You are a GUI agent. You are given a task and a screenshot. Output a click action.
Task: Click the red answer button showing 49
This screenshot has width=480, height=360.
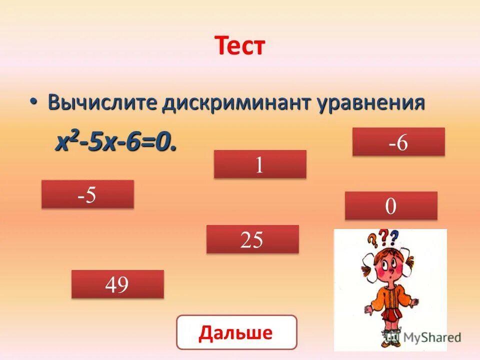click(x=117, y=284)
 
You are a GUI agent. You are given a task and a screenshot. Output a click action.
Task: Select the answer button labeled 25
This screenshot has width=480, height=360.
click(x=252, y=239)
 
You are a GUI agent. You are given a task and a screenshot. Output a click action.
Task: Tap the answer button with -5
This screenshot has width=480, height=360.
click(x=87, y=194)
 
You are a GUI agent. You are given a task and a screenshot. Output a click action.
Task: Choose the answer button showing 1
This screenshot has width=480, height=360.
click(x=260, y=164)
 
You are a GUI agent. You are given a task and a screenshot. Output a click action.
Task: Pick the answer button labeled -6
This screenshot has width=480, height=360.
click(x=398, y=142)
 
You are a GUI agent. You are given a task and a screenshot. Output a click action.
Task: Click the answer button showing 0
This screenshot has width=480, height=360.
click(x=391, y=206)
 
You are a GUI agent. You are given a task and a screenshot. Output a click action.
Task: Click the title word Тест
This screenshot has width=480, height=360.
click(x=239, y=46)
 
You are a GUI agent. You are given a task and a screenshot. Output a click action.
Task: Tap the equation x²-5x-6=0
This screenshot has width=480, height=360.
click(x=116, y=143)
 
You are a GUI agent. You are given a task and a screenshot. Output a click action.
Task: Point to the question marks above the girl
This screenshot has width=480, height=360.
click(x=385, y=236)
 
